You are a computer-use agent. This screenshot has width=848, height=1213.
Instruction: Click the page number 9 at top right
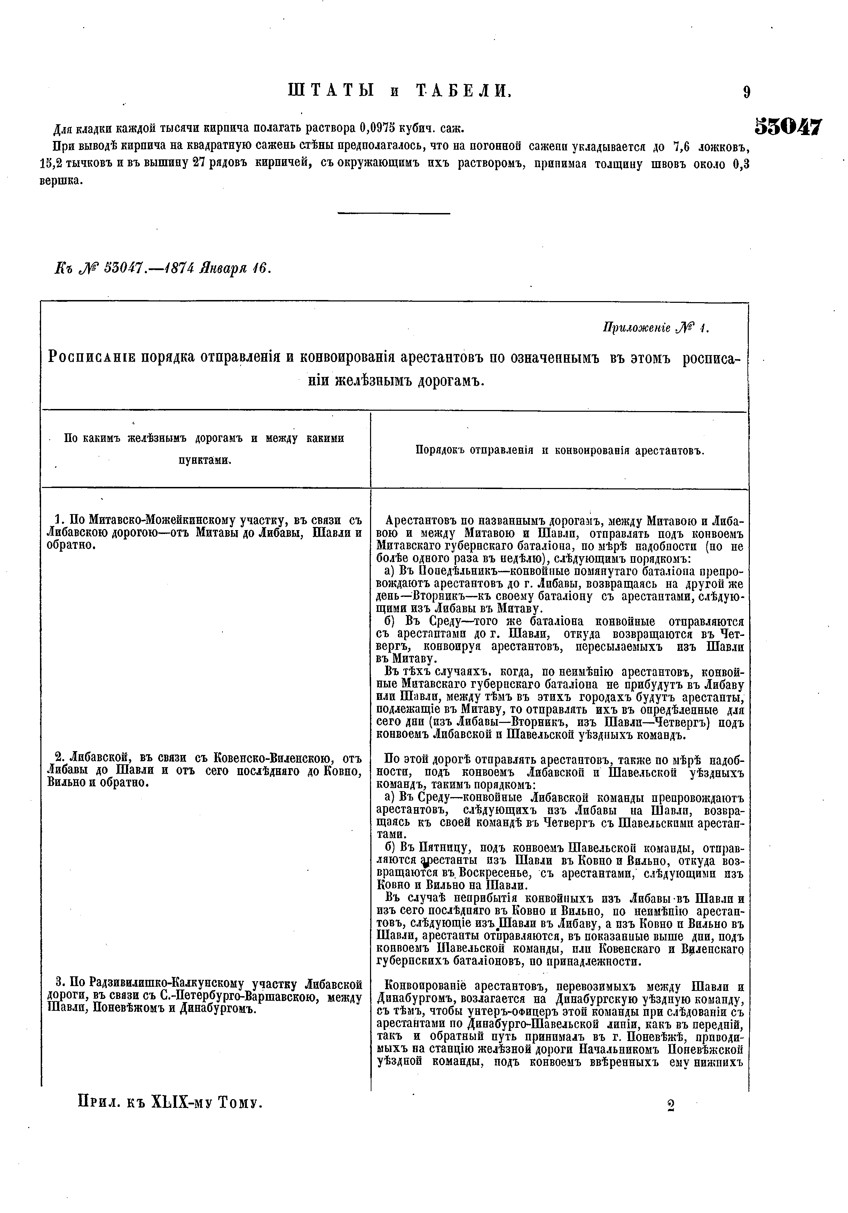(746, 93)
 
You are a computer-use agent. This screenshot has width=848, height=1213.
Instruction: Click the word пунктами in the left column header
(205, 460)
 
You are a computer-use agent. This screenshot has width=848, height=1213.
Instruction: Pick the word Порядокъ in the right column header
(440, 451)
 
